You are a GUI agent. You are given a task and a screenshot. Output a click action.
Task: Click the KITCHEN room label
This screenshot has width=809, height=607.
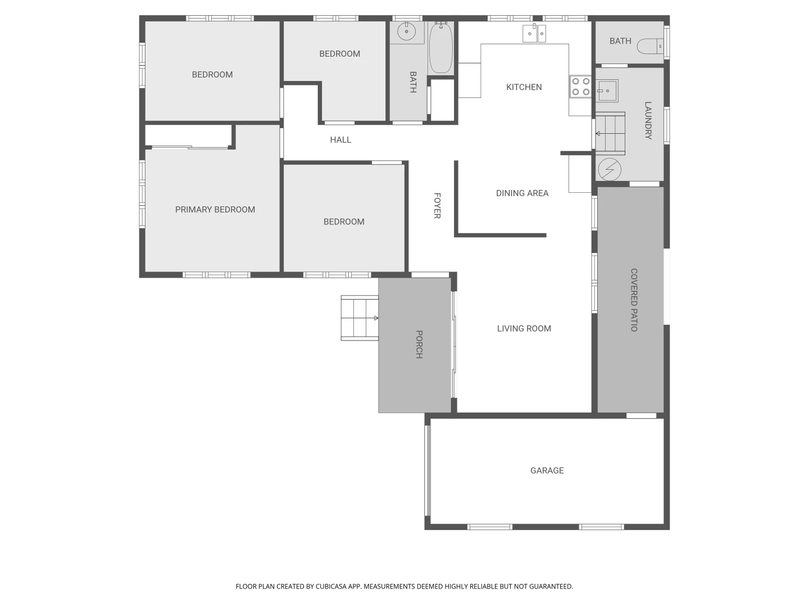(x=524, y=87)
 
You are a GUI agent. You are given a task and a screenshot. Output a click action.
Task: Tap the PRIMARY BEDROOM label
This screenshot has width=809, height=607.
(x=215, y=210)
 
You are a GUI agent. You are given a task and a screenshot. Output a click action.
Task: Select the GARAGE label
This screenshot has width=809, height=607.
(x=547, y=470)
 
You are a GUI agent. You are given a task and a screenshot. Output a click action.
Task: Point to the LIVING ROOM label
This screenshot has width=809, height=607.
(x=524, y=329)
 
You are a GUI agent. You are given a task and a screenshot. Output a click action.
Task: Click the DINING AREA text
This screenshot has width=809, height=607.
(x=522, y=193)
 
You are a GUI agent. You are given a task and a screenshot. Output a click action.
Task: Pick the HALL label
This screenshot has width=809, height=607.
(x=340, y=140)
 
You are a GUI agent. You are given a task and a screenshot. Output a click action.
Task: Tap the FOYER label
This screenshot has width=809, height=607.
(x=437, y=206)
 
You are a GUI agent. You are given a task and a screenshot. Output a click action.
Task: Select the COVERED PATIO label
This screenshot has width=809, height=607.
(x=634, y=300)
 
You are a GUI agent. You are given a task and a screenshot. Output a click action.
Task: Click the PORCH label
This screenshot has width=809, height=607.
(x=419, y=344)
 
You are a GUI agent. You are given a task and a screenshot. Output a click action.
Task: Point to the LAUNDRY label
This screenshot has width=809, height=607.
(x=648, y=120)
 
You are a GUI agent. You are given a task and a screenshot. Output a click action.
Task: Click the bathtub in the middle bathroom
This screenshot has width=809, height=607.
(x=441, y=48)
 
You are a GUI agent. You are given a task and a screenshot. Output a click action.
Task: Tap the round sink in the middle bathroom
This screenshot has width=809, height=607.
(x=406, y=32)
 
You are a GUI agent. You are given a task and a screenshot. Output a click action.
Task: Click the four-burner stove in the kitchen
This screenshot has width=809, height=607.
(x=580, y=87)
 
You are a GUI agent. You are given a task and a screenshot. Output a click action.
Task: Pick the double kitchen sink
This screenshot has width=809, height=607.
(x=534, y=34)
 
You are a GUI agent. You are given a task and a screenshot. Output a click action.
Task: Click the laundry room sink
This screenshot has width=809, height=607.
(x=607, y=90)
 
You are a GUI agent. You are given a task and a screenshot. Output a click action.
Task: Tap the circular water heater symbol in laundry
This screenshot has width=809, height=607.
(x=610, y=169)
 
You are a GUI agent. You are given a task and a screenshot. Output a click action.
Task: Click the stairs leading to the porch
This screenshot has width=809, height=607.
(x=360, y=318)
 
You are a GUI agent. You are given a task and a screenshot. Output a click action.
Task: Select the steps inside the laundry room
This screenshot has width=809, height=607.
(x=610, y=134)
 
